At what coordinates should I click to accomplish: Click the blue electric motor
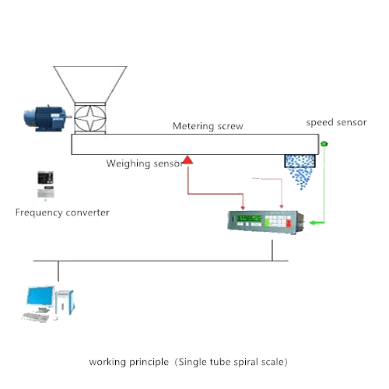click(x=46, y=118)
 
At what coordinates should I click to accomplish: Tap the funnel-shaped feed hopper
click(x=90, y=84)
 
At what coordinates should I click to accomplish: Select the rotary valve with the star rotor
click(x=90, y=118)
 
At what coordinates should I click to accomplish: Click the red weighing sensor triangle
click(x=188, y=160)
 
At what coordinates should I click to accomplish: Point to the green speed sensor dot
click(x=324, y=143)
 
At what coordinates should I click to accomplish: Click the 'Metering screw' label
click(x=208, y=126)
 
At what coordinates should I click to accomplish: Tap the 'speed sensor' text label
click(x=336, y=122)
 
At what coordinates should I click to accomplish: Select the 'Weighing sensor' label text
click(x=145, y=163)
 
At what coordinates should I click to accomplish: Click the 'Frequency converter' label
click(x=62, y=212)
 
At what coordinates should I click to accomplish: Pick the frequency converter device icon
click(x=46, y=184)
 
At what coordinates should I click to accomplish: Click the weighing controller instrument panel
click(x=266, y=223)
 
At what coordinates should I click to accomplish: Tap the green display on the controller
click(x=249, y=219)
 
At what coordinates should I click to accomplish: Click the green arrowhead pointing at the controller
click(x=313, y=223)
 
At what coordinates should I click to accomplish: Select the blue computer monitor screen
click(x=40, y=296)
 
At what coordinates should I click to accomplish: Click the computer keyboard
click(x=35, y=317)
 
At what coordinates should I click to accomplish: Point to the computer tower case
click(x=65, y=303)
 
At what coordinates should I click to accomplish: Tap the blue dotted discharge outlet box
click(x=300, y=161)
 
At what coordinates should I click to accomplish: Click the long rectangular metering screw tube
click(x=195, y=144)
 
